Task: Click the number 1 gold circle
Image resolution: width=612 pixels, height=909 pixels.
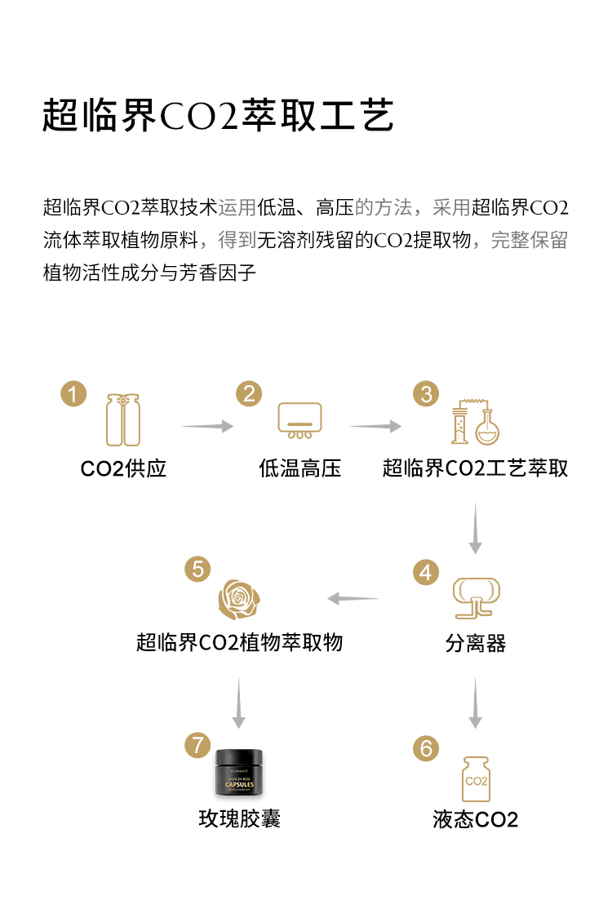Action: click(73, 394)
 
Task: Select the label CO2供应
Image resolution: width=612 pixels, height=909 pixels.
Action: click(123, 468)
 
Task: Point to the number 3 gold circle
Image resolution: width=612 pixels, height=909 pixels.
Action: click(425, 394)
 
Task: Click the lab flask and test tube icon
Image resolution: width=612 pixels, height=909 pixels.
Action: click(477, 422)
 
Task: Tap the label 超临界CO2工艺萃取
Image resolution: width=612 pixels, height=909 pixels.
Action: click(475, 468)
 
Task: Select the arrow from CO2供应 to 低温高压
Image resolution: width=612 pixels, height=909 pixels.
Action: click(207, 426)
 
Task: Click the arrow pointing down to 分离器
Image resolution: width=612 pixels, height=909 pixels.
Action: click(475, 528)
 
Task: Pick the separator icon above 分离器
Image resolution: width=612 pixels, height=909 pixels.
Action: click(476, 597)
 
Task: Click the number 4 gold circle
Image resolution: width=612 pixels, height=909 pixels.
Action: click(425, 572)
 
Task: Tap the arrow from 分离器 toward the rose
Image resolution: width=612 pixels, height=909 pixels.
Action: click(353, 599)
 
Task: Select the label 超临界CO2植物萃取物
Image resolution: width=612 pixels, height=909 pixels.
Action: click(239, 642)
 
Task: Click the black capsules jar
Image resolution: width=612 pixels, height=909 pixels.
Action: click(238, 771)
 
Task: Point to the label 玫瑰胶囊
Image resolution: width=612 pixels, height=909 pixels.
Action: click(239, 818)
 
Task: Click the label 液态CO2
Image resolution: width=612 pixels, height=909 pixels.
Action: click(475, 819)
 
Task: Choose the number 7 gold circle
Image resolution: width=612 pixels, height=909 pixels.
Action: click(197, 745)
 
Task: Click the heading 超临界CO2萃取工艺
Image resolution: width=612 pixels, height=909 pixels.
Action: click(218, 116)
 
